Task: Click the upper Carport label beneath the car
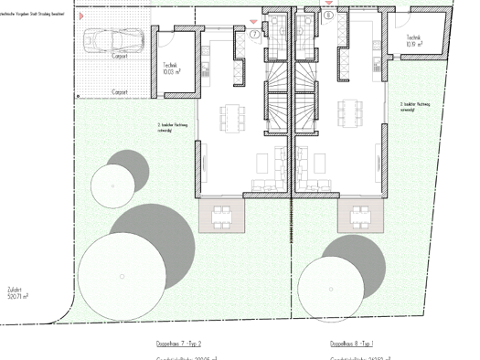(x=120, y=56)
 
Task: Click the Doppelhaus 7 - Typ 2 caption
(x=178, y=344)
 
